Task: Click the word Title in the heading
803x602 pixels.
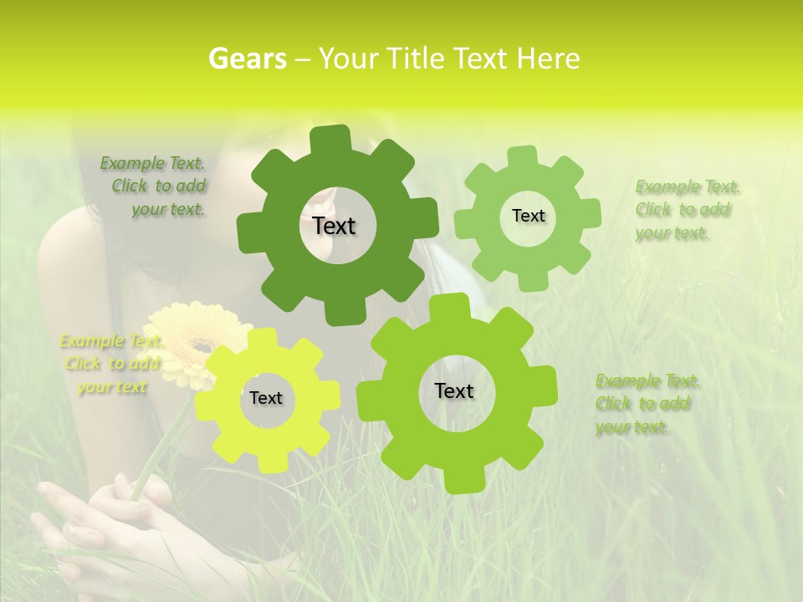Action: point(414,59)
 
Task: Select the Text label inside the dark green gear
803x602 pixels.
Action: point(335,226)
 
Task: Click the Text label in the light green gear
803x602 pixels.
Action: point(528,216)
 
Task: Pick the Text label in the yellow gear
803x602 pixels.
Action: point(266,399)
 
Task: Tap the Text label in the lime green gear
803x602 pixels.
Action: point(454,390)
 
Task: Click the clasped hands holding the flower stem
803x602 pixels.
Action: point(125,518)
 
